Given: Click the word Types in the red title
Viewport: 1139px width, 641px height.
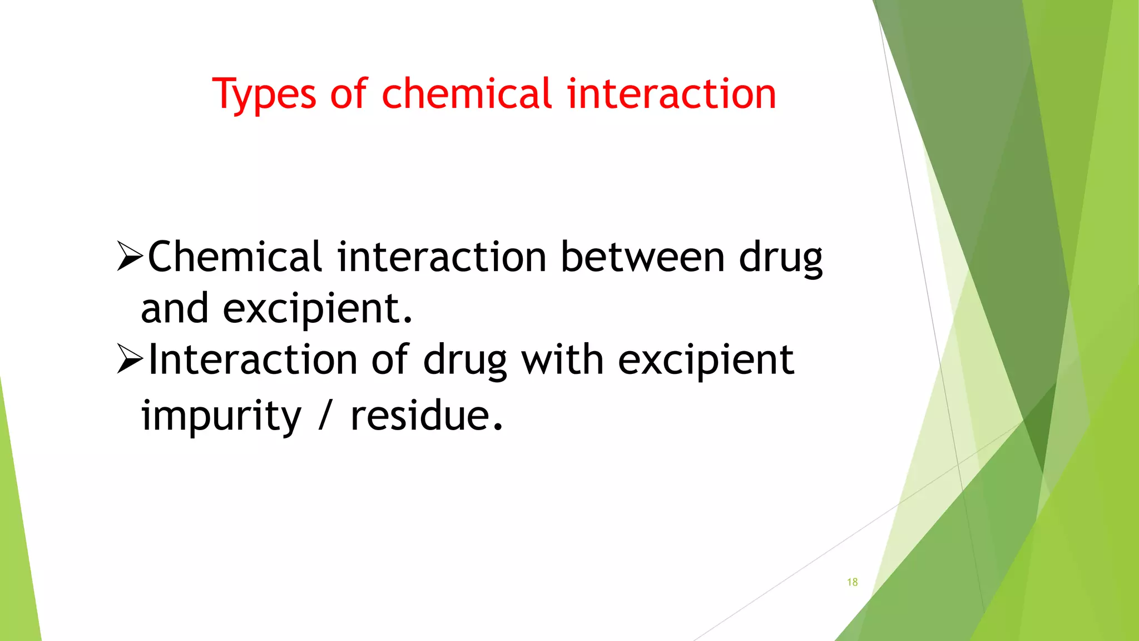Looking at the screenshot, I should pos(264,95).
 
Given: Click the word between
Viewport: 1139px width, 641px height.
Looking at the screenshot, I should pos(642,257).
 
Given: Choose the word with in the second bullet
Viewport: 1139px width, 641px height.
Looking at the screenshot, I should pos(562,360).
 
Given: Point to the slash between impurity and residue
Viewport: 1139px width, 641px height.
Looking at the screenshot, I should pos(326,417).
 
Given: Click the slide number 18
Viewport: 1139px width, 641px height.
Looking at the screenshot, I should pos(852,582).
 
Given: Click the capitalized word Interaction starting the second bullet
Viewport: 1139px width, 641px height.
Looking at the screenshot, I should pos(253,360).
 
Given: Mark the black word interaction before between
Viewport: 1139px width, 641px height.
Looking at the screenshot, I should pos(442,257).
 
